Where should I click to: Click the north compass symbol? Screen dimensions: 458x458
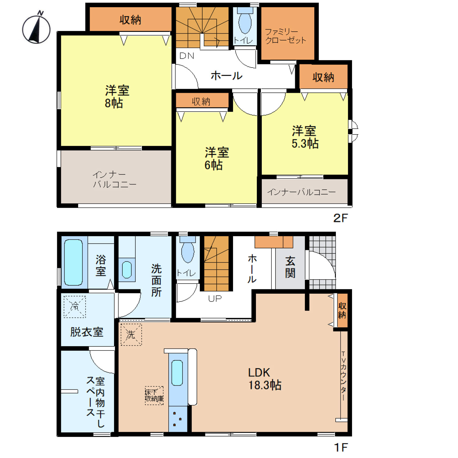coord(36,28)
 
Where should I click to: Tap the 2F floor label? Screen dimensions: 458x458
coord(340,218)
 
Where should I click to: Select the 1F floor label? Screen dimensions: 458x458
coord(341,447)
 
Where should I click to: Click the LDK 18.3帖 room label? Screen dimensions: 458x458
coord(265,379)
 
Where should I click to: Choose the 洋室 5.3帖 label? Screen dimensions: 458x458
coord(305,137)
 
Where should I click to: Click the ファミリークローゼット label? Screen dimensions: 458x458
coord(285,36)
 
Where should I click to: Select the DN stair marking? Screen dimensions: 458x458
coord(187,56)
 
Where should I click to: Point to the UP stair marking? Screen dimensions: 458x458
coord(215,299)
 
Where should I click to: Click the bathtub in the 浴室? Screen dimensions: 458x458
coord(74,262)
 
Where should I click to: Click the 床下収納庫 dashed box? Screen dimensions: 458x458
coord(154,396)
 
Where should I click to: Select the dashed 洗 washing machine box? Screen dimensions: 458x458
coord(131,335)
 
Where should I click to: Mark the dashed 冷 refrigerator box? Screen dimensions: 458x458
coord(75,307)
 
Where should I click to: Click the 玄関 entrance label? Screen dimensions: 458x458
coord(290,267)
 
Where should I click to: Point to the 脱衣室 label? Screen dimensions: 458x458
coord(87,332)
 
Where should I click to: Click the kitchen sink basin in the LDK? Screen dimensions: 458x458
coord(177,373)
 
